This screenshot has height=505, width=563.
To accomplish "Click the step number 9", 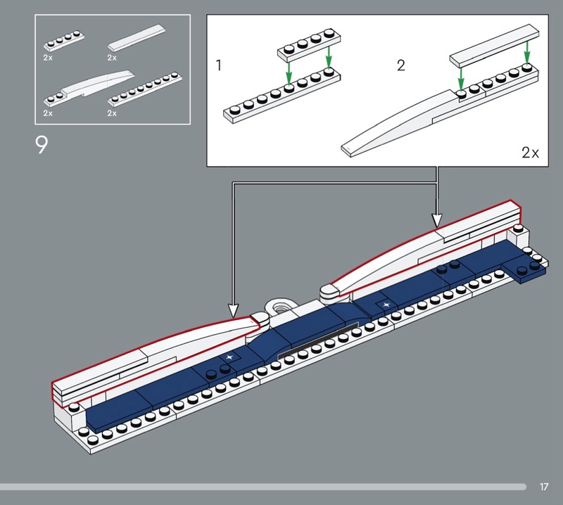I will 42,145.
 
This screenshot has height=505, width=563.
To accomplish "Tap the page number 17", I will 544,487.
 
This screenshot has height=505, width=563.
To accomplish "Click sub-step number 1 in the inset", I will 219,66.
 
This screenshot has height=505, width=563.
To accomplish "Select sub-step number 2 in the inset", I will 401,66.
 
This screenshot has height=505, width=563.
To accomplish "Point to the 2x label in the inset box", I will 530,152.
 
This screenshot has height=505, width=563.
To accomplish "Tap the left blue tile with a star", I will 229,358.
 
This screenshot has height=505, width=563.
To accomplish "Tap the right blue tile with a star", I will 386,305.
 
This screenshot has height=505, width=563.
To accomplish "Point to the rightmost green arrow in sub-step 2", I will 526,52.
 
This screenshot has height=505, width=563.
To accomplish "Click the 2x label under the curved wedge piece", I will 47,112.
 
